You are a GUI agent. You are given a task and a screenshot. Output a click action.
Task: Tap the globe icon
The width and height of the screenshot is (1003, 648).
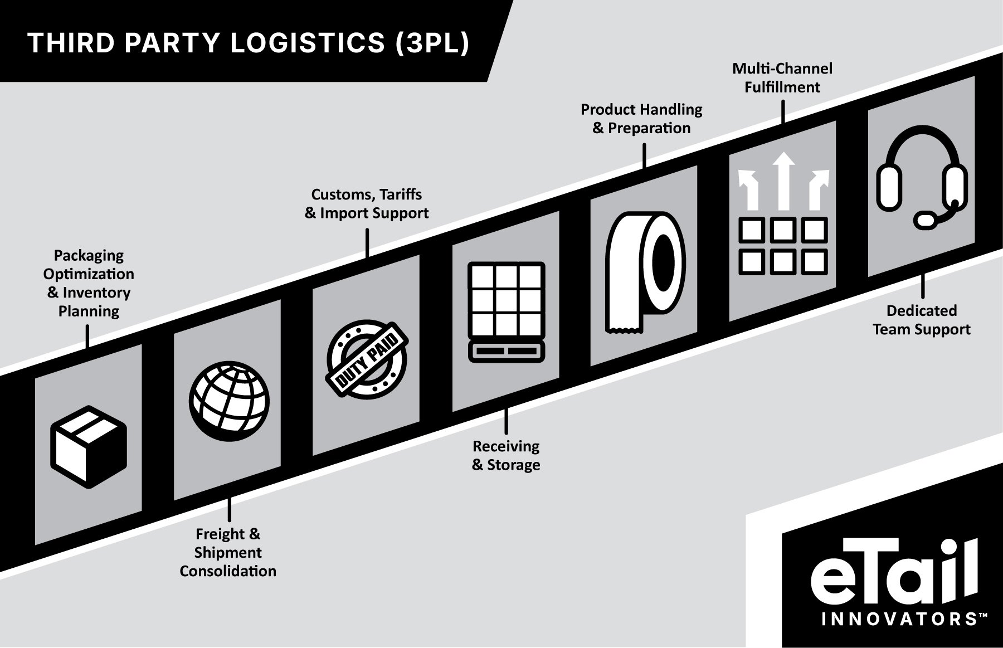(x=229, y=402)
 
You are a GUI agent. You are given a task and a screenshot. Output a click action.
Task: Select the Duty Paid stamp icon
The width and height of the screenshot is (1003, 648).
(x=367, y=357)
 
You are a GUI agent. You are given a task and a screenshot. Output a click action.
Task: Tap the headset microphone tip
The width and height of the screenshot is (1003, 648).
(x=927, y=220)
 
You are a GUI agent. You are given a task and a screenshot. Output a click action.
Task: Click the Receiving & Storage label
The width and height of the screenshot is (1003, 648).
(x=506, y=455)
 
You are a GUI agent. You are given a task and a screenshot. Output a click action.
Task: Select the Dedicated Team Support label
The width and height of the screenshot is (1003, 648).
(x=922, y=320)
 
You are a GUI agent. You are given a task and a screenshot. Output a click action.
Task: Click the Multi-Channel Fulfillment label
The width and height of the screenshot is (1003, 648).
(x=782, y=77)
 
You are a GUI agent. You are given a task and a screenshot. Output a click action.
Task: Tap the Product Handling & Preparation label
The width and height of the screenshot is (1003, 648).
(x=641, y=119)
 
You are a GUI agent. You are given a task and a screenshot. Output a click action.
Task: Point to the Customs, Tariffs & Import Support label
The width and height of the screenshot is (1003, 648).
(x=367, y=203)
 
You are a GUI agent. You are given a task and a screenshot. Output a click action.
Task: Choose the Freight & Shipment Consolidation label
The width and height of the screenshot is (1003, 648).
(x=228, y=552)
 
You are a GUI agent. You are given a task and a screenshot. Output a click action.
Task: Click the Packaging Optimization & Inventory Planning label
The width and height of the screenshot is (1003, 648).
(x=89, y=283)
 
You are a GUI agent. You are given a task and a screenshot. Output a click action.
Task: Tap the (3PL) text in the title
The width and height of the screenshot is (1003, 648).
(x=432, y=43)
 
